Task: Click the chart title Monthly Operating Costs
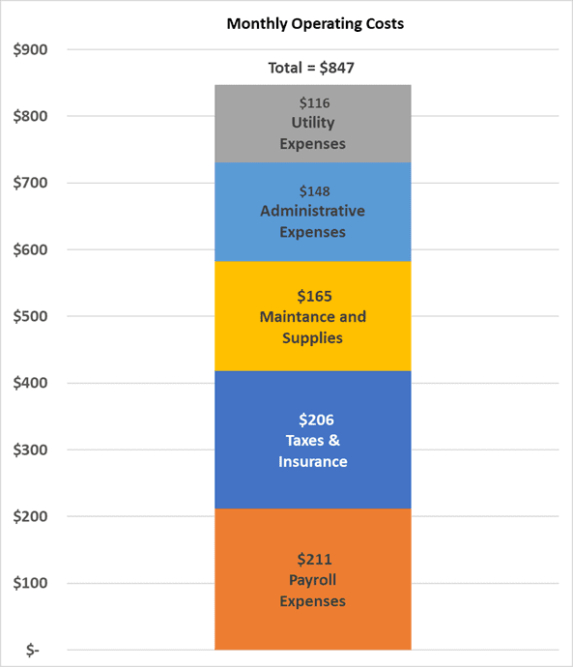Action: point(315,24)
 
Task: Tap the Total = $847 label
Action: point(311,68)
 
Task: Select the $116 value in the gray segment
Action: point(315,102)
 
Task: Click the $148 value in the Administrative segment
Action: point(315,191)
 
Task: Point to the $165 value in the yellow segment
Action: point(315,296)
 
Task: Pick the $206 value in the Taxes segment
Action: point(316,420)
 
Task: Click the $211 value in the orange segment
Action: point(315,559)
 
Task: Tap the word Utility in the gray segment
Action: point(313,124)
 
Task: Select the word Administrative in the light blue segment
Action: point(313,211)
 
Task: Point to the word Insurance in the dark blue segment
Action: point(313,462)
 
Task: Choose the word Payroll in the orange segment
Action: point(313,580)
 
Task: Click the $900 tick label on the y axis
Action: point(30,49)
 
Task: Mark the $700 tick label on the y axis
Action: point(30,183)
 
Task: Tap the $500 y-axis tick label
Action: point(30,316)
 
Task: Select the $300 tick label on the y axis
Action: point(30,449)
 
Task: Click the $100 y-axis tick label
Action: point(30,583)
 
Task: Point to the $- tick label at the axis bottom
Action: point(33,650)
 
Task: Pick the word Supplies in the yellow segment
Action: point(312,338)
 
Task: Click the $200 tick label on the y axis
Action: point(30,516)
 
